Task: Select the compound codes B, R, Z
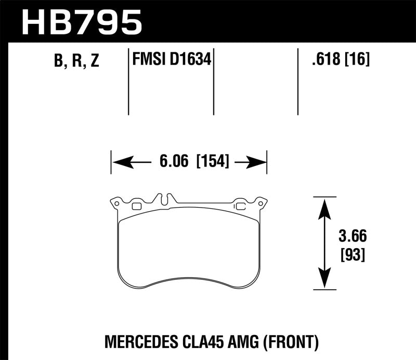coord(76,61)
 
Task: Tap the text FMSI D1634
coord(172,60)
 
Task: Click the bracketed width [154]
coord(212,162)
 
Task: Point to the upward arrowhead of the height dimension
coord(324,205)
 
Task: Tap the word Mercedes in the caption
coord(136,342)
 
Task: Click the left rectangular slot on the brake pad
coord(137,207)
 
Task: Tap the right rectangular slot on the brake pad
coord(241,207)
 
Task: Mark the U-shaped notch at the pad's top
coord(165,199)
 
